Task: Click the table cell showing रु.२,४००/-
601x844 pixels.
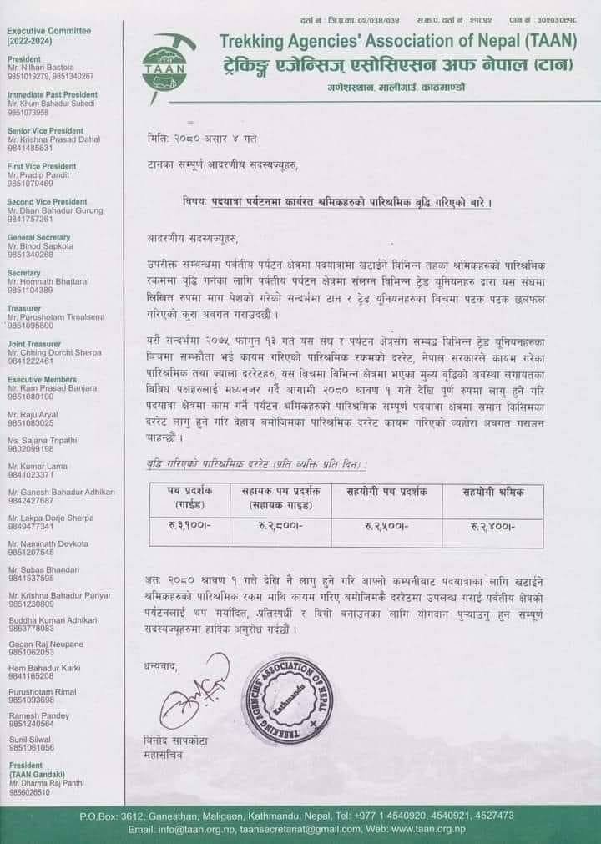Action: point(493,527)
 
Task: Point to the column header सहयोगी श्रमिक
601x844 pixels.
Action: point(493,493)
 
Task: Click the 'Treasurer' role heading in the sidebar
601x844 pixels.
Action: point(24,308)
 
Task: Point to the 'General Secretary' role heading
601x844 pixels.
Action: point(38,237)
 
